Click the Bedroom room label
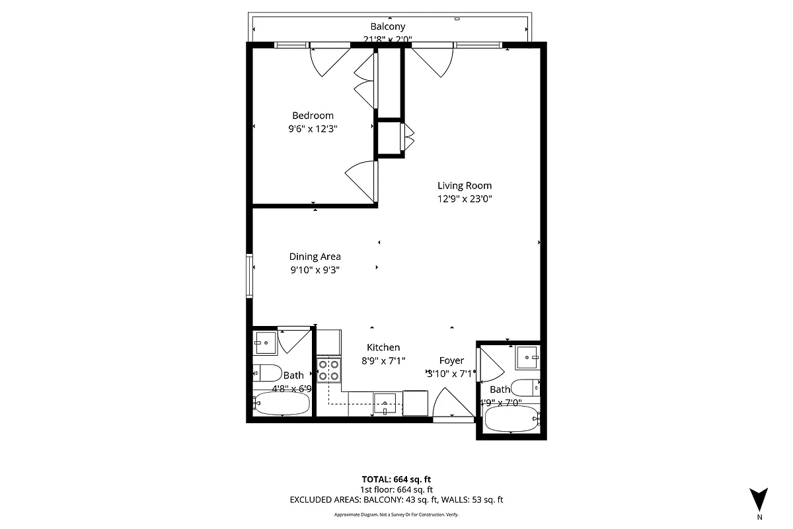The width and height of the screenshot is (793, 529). [x=313, y=115]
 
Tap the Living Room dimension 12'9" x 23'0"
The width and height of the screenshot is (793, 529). [x=464, y=198]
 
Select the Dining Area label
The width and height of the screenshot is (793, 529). [x=315, y=257]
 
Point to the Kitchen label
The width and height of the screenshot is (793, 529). [x=383, y=347]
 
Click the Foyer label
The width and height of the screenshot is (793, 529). [x=451, y=360]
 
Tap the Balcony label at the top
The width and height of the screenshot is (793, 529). [x=387, y=26]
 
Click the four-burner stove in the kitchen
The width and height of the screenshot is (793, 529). [x=328, y=370]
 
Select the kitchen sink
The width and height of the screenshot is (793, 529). [x=384, y=402]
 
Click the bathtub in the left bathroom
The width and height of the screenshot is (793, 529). [x=282, y=403]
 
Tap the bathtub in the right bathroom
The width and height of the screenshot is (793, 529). [x=512, y=418]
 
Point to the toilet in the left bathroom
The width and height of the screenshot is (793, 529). [x=268, y=373]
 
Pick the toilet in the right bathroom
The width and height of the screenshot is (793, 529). [x=527, y=388]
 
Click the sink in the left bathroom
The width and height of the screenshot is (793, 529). [x=266, y=342]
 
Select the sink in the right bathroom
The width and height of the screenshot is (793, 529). [x=527, y=357]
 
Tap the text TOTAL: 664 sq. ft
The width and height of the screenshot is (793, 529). [x=397, y=479]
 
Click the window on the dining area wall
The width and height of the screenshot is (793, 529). [x=249, y=276]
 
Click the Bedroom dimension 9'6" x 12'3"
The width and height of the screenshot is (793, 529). [x=313, y=129]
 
